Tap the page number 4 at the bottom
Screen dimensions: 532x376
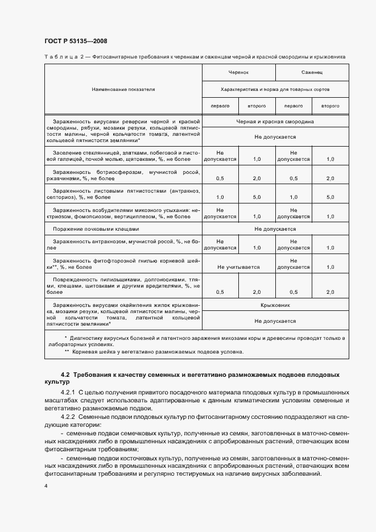click(x=46, y=487)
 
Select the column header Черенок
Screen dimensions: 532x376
click(x=238, y=73)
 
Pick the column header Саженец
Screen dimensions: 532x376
click(x=312, y=73)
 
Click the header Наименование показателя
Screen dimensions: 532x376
click(x=123, y=89)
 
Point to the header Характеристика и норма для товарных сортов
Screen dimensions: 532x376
click(x=275, y=89)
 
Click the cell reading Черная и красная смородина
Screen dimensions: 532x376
click(x=275, y=122)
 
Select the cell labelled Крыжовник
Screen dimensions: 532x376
click(x=275, y=305)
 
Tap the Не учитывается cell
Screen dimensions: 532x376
click(x=238, y=267)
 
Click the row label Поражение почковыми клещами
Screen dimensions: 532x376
click(x=96, y=229)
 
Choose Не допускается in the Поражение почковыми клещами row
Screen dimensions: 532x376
click(x=275, y=229)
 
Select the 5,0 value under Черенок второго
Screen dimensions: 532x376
click(x=257, y=197)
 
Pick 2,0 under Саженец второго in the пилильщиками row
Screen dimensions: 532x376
click(x=330, y=292)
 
